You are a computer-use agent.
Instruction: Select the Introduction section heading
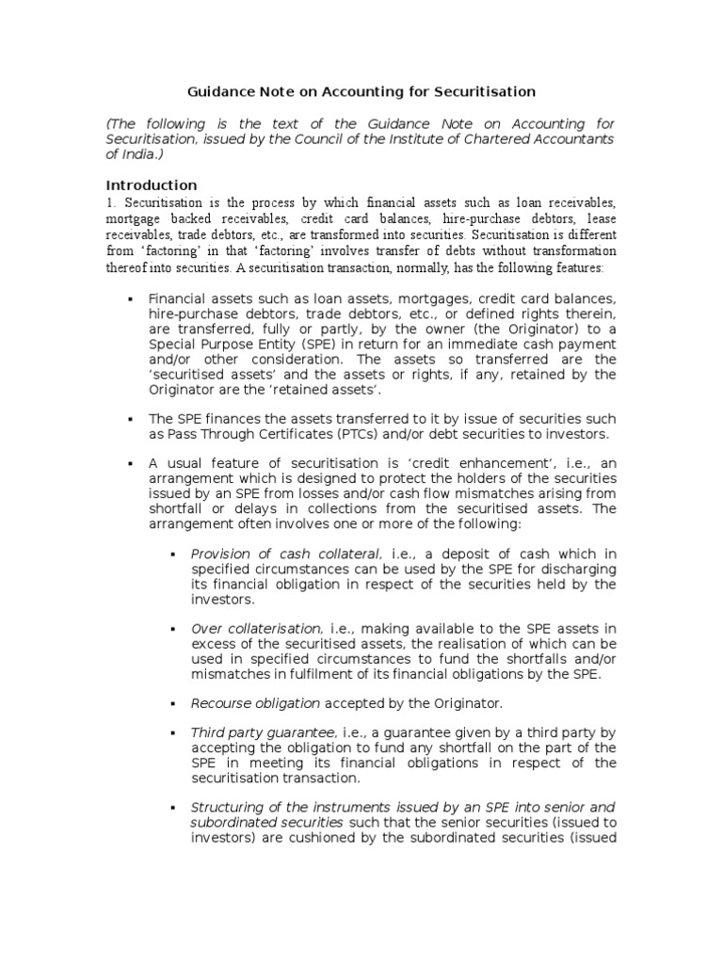tap(151, 185)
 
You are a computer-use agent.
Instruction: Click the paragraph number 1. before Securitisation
tap(110, 202)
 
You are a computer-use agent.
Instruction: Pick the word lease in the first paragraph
tap(599, 218)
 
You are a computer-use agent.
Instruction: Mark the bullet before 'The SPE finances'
tap(129, 419)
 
